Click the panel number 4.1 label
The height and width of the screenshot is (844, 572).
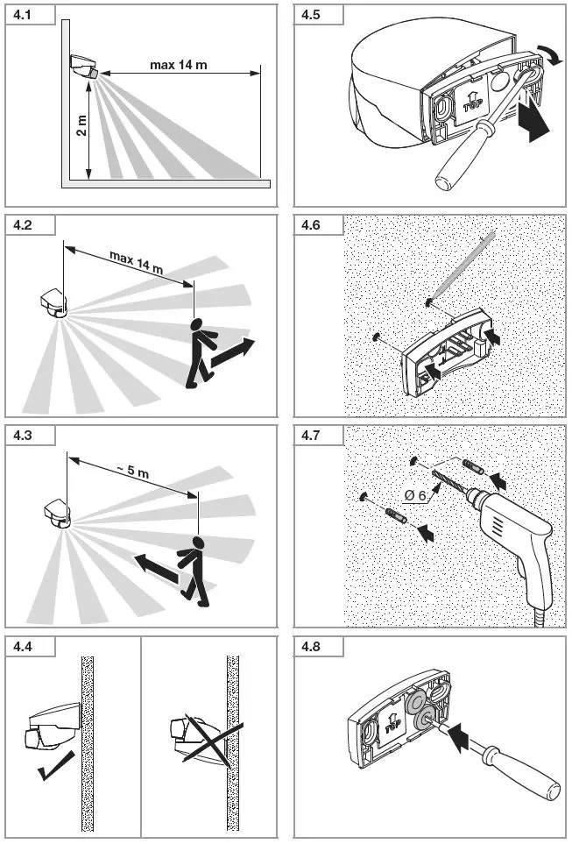click(x=20, y=16)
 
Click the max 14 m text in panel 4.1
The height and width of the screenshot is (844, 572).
click(x=179, y=64)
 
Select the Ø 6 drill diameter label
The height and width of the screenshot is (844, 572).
click(x=415, y=496)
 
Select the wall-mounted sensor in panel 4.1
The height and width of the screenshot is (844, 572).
click(x=84, y=67)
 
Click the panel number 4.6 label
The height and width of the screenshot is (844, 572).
click(x=311, y=226)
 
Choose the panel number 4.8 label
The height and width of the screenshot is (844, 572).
click(x=311, y=648)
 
